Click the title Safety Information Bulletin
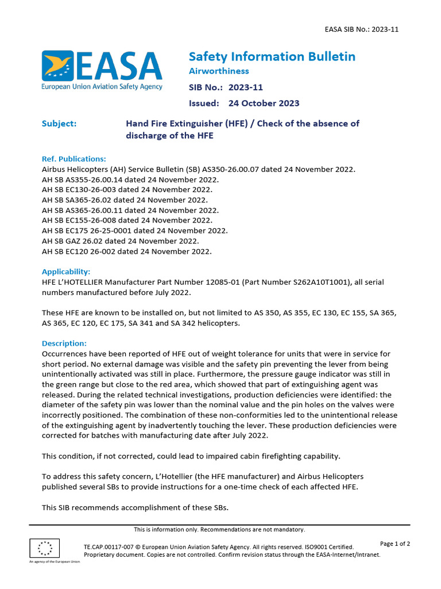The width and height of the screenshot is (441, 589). (272, 56)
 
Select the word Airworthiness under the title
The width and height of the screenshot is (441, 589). (219, 71)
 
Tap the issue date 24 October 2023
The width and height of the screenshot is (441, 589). (264, 104)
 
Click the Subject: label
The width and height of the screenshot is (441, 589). (59, 124)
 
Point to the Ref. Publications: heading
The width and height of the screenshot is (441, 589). (74, 159)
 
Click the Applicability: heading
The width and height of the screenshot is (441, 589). (66, 271)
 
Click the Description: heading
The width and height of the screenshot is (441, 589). (64, 343)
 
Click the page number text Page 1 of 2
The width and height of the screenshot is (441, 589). (395, 544)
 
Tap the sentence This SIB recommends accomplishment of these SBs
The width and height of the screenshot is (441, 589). (135, 507)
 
